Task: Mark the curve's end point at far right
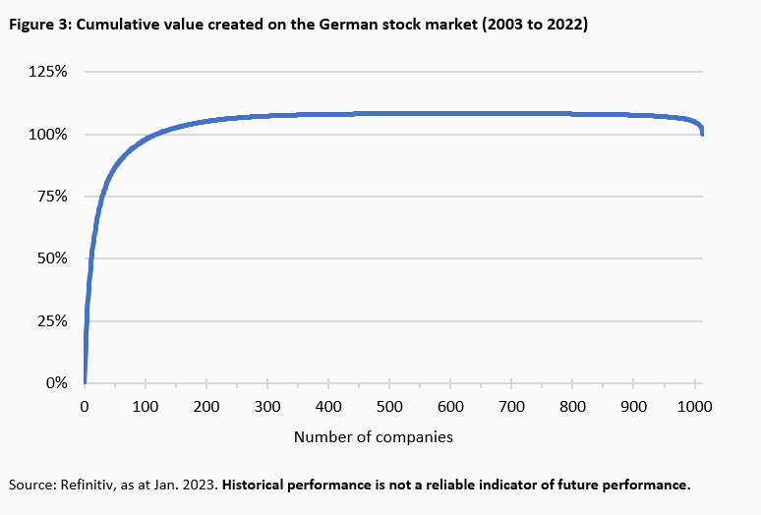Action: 702,135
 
